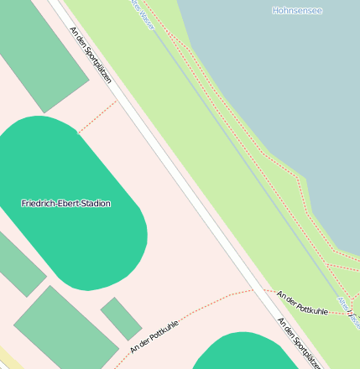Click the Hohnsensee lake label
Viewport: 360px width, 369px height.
pos(297,11)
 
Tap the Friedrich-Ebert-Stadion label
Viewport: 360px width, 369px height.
pos(65,203)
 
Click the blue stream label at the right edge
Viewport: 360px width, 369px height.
pos(347,310)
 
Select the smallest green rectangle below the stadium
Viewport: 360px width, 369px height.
pos(121,319)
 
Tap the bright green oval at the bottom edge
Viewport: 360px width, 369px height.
pos(243,352)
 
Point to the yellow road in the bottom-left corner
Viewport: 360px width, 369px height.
pos(7,358)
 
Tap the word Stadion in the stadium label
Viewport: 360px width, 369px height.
pos(95,203)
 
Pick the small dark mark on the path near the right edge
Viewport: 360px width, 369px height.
pos(347,312)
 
